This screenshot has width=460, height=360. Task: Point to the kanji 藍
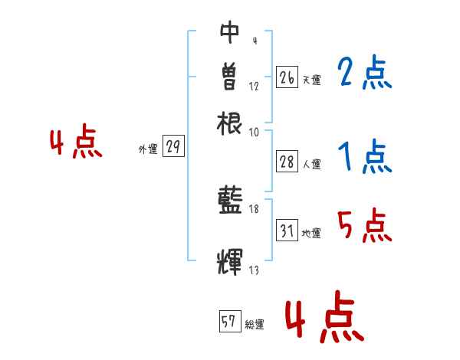click(230, 201)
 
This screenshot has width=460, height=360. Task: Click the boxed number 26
click(287, 77)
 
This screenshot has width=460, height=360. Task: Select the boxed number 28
click(287, 162)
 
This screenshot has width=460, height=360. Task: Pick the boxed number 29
click(173, 148)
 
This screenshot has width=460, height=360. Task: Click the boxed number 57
click(228, 322)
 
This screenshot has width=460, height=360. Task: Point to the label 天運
click(311, 80)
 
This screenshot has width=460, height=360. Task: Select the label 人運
click(312, 164)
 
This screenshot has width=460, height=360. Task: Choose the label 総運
click(254, 325)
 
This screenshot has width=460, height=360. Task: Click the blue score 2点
click(363, 74)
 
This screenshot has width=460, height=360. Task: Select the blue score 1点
click(363, 158)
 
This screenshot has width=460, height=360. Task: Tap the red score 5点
click(363, 227)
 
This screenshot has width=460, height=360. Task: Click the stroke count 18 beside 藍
click(255, 208)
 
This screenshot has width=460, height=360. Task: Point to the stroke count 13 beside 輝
click(254, 269)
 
